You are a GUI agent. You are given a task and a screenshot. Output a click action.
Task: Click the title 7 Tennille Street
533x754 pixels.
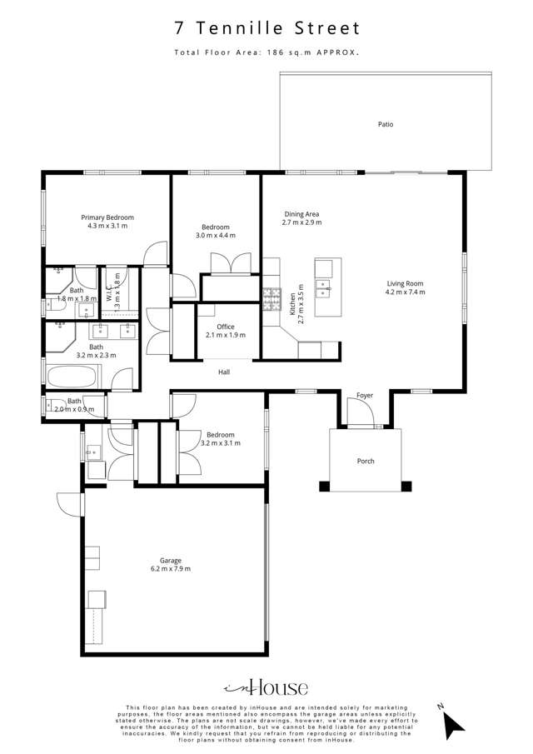[266, 28]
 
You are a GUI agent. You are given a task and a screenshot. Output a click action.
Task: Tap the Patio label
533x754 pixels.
[385, 124]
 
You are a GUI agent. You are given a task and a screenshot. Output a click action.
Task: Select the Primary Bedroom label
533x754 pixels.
[107, 217]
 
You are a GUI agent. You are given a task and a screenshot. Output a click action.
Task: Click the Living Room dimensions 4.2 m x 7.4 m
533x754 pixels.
[405, 292]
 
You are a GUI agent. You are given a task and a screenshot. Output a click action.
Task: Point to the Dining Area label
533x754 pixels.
[301, 214]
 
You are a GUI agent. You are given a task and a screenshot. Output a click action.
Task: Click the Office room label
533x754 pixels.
[226, 327]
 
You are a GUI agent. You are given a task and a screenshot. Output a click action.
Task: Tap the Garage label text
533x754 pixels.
[171, 561]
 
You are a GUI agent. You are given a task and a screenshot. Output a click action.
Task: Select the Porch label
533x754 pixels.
[366, 461]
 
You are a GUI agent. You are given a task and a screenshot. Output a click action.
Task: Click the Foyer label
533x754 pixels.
[365, 395]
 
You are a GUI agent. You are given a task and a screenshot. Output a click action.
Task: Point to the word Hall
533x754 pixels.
[224, 372]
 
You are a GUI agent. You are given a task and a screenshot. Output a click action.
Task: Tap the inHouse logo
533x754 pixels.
[266, 687]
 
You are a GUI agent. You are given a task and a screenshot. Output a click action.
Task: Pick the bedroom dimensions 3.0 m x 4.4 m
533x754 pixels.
[216, 236]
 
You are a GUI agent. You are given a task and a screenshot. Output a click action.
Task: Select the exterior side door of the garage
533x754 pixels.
[69, 504]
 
